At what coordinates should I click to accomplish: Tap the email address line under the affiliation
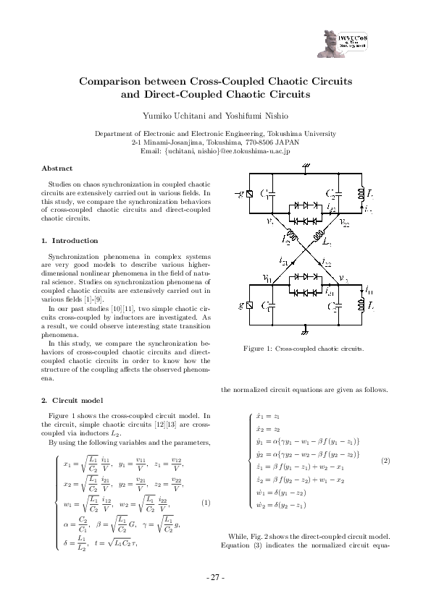click(215, 150)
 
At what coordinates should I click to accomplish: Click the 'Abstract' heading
click(57, 168)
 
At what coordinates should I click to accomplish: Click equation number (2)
click(385, 461)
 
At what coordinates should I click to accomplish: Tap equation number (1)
click(206, 503)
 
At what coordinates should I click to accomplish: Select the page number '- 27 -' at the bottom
click(215, 577)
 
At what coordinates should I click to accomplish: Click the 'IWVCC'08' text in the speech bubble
click(354, 35)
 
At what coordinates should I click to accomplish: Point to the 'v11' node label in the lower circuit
click(267, 278)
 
